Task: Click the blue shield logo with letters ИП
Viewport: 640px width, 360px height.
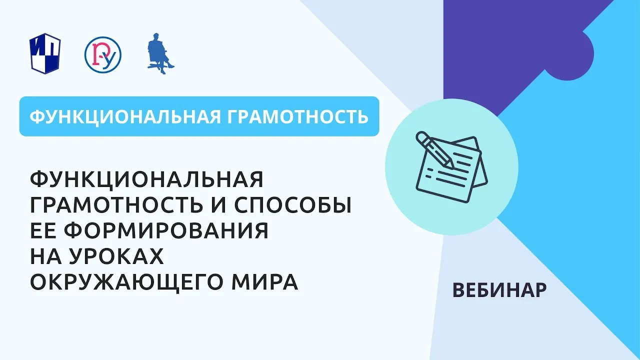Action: [x=45, y=53]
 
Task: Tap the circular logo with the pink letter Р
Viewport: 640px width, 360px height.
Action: [x=103, y=54]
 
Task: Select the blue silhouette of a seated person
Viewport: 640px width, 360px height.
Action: [x=160, y=53]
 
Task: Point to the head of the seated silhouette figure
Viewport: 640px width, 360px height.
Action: [x=156, y=37]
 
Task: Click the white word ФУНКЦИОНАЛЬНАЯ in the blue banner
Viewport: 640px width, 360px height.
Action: [x=125, y=116]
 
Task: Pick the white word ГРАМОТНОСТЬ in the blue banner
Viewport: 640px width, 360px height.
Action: [x=297, y=116]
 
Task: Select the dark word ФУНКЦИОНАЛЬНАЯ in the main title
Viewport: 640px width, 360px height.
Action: [x=146, y=179]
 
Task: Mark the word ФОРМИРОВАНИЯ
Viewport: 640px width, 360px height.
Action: [x=166, y=230]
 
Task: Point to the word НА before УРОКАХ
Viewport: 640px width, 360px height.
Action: [x=45, y=256]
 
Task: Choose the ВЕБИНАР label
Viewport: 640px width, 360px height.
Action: [x=499, y=290]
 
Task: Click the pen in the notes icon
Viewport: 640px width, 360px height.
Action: [x=434, y=150]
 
